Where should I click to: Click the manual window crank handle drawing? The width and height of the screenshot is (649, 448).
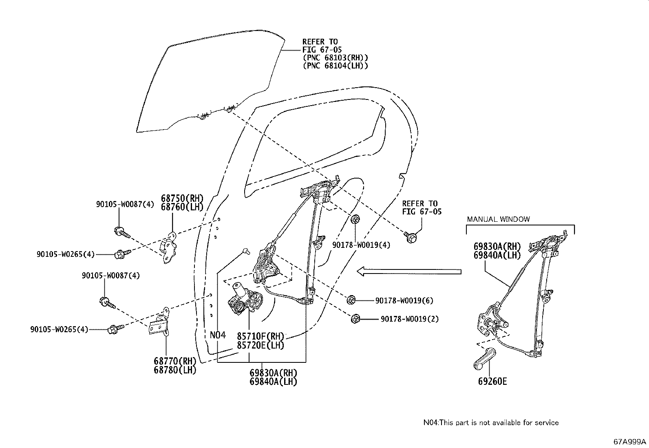[484, 359]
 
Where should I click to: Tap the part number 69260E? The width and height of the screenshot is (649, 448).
[492, 382]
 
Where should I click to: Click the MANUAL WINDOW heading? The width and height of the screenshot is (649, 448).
[498, 219]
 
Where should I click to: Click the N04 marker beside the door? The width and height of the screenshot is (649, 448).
[218, 335]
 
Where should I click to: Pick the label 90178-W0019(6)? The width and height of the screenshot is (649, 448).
[404, 301]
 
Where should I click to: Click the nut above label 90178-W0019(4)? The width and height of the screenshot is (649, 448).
[355, 219]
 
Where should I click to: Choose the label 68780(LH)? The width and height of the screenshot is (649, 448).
[175, 371]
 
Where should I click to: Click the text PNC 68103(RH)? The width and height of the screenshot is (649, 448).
[336, 57]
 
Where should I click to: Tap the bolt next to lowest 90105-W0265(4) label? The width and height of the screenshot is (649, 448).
[113, 329]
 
